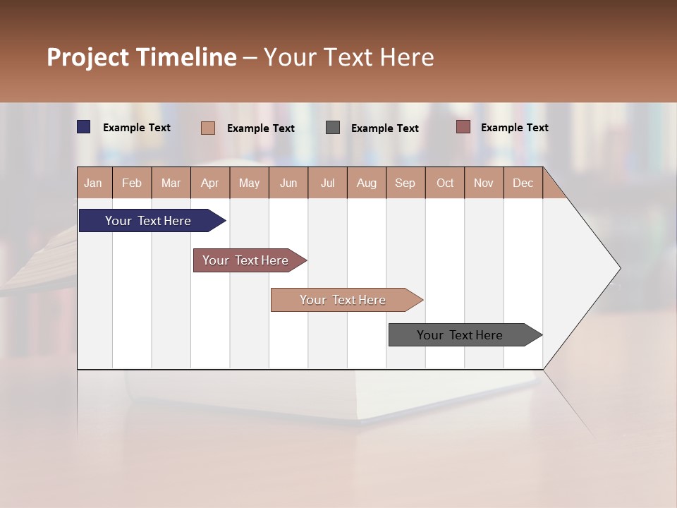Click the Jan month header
click(x=93, y=183)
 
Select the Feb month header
click(x=132, y=183)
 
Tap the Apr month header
click(x=209, y=183)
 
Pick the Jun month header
click(x=288, y=183)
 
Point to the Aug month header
click(x=366, y=183)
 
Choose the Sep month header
click(x=405, y=183)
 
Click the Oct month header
click(x=445, y=183)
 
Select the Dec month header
click(x=523, y=183)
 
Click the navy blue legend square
click(x=84, y=127)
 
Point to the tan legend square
click(x=208, y=128)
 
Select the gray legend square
click(x=333, y=128)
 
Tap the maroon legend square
click(x=463, y=127)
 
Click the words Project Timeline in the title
click(x=142, y=57)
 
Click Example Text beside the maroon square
click(x=514, y=128)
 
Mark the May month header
click(x=249, y=183)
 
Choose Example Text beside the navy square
click(x=137, y=128)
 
